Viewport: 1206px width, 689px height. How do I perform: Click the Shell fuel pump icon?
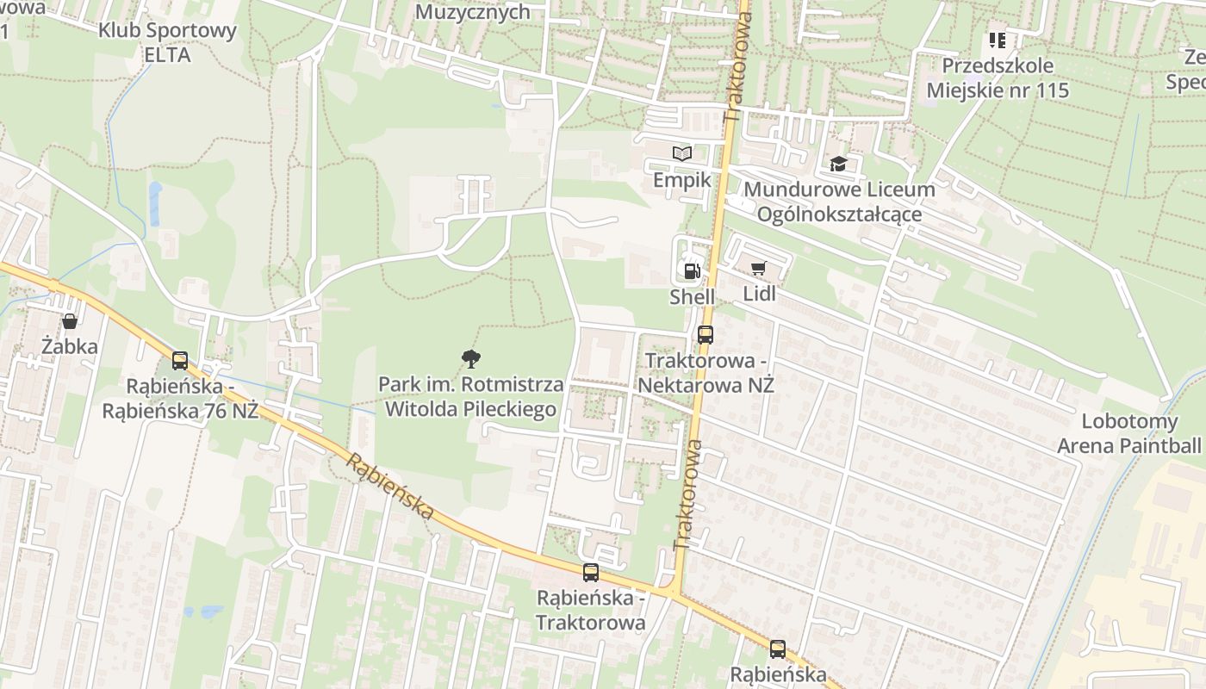(692, 270)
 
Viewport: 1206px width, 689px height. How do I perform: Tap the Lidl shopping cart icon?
(758, 269)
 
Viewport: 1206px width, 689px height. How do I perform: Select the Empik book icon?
(682, 153)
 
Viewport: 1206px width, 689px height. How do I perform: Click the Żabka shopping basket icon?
(70, 321)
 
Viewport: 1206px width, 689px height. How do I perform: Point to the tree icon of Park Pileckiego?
(470, 357)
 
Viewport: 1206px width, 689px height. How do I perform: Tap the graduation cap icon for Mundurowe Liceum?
(838, 164)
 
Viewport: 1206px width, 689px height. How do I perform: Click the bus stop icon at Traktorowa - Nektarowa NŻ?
(706, 335)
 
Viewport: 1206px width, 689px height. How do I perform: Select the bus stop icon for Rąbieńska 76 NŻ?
(180, 361)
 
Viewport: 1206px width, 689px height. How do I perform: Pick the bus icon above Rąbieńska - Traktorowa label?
(591, 573)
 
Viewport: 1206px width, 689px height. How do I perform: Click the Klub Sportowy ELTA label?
(167, 42)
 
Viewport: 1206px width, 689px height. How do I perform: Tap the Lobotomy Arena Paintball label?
(1128, 434)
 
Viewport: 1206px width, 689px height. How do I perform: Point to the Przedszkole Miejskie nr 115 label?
(998, 78)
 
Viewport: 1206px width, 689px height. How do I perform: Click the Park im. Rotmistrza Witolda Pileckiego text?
(470, 397)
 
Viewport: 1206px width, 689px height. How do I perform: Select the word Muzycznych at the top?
(473, 11)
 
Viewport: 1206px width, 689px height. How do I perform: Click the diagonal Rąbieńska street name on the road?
(390, 487)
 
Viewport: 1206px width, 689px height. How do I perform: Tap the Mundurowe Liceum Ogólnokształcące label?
(839, 202)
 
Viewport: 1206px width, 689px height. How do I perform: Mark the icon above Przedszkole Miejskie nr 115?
(998, 40)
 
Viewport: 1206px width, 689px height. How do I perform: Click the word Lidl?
(759, 294)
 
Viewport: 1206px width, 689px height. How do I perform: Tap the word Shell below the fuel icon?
(692, 297)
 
